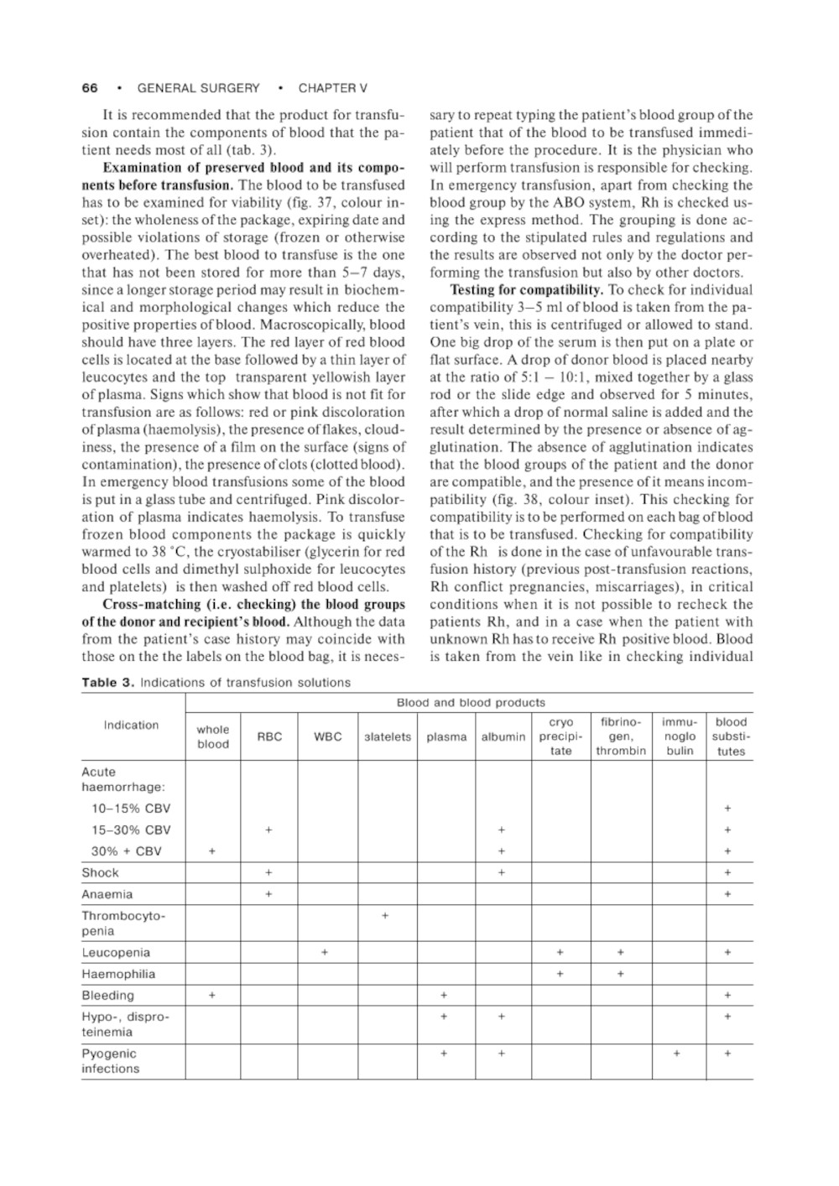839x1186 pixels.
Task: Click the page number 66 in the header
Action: (90, 88)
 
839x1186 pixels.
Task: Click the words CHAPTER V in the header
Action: (333, 88)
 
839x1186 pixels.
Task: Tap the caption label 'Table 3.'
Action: (107, 683)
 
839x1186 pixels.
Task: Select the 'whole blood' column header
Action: (213, 737)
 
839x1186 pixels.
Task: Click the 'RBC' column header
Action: (269, 737)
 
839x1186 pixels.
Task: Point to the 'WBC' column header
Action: (327, 737)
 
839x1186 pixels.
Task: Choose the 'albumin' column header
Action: (503, 737)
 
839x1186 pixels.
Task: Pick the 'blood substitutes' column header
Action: (731, 736)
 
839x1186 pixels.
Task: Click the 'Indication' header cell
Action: (131, 726)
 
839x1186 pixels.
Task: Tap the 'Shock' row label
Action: (101, 873)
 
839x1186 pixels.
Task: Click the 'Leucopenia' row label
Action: (116, 953)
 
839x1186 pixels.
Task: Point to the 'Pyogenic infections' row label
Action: (110, 1061)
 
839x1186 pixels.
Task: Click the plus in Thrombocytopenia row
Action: (384, 916)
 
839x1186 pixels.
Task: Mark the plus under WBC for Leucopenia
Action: (325, 953)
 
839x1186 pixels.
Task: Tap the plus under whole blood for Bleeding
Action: (212, 996)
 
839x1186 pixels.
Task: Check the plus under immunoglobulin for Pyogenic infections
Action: (677, 1054)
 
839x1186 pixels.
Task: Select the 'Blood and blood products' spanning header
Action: (470, 703)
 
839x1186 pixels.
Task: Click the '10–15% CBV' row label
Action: (131, 809)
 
